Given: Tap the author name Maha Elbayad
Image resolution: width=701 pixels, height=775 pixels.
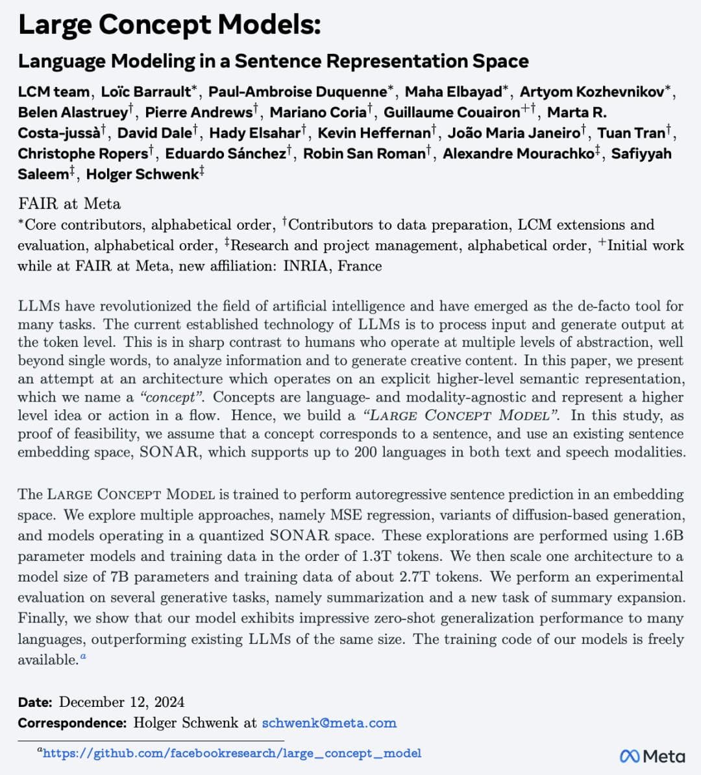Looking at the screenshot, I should pos(454,92).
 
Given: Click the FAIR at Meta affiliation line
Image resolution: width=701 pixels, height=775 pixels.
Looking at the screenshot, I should pos(69,204).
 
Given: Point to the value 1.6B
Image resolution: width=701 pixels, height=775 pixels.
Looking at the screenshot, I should pos(666,536).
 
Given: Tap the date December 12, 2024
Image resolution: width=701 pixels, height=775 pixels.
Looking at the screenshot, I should pos(121,702).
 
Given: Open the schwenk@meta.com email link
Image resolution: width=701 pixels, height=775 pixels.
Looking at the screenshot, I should pos(328,722).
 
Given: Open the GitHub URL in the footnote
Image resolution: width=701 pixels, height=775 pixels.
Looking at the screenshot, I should pos(232,754).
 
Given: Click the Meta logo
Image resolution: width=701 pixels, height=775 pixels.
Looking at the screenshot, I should pos(652,756).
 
